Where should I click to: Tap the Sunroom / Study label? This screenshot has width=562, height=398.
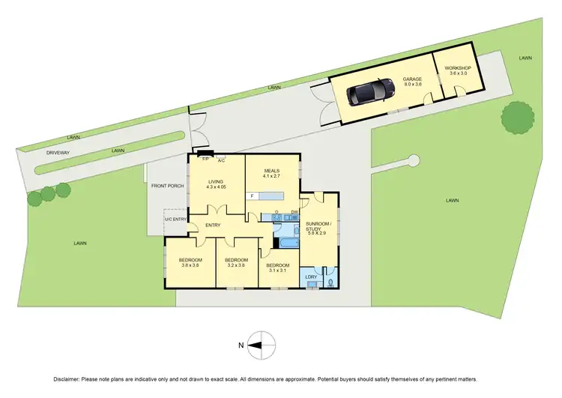318,228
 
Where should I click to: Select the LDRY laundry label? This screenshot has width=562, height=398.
312,277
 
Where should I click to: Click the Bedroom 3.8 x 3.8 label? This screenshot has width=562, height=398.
190,261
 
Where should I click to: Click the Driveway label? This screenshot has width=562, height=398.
58,151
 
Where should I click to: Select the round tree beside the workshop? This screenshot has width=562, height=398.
518,118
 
